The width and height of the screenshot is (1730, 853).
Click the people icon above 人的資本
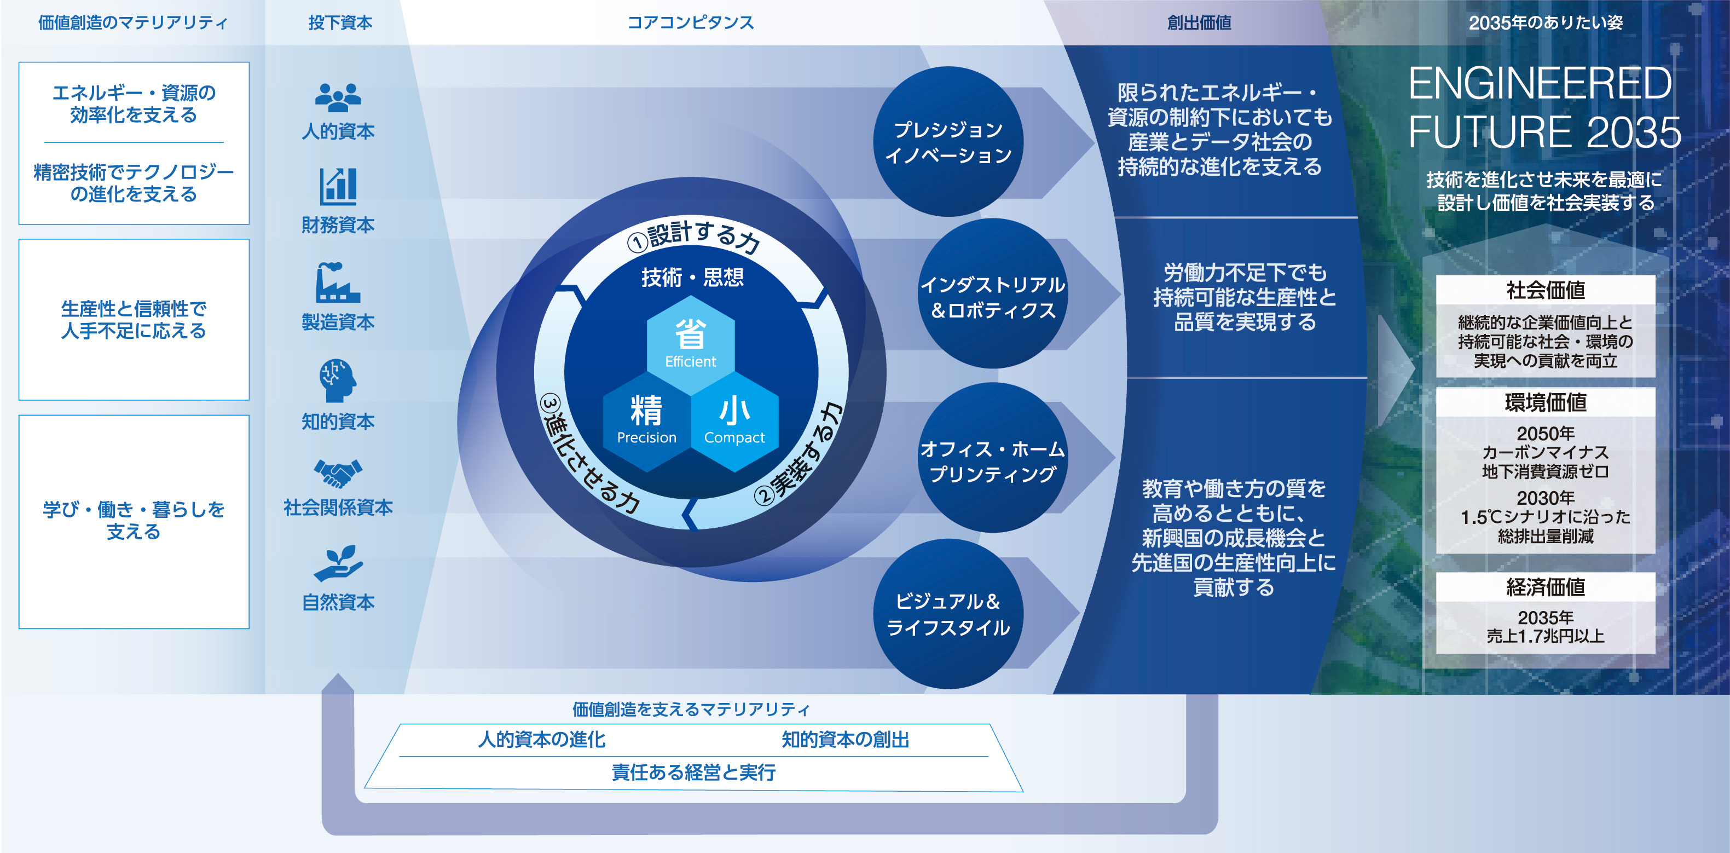point(338,97)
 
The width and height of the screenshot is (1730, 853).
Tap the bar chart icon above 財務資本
point(338,186)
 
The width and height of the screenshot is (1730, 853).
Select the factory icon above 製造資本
point(338,283)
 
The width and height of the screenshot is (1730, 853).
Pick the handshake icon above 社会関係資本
point(338,474)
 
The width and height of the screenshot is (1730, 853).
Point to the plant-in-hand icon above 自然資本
point(338,563)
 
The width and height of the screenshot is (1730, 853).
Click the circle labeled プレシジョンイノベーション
point(948,142)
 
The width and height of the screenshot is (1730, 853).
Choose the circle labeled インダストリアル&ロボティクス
point(993,293)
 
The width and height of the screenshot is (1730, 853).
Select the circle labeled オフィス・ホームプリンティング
point(993,458)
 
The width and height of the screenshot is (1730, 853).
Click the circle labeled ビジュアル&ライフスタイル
point(948,614)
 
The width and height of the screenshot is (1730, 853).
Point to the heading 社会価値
point(1546,290)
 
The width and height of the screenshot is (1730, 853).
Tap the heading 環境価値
point(1546,402)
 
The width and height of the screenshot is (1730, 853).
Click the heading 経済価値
point(1546,587)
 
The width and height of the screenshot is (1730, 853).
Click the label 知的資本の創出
point(845,740)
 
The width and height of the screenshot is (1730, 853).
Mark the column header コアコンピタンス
point(690,23)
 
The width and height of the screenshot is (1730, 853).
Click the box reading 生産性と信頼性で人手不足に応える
point(134,320)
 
